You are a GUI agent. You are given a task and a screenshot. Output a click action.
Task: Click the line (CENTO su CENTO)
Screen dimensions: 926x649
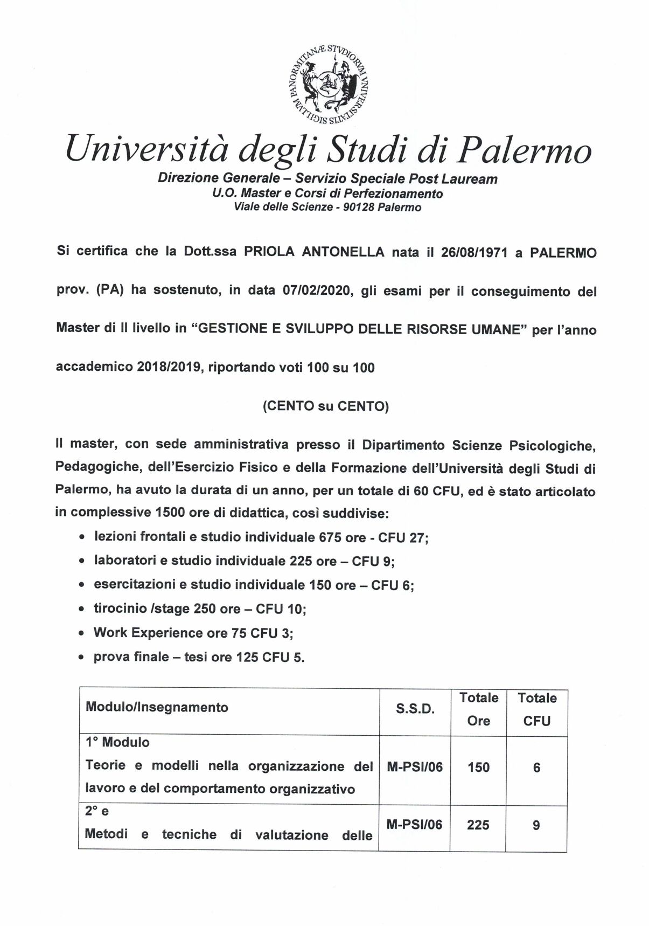point(325,406)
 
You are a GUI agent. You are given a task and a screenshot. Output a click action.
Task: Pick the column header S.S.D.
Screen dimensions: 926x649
point(415,709)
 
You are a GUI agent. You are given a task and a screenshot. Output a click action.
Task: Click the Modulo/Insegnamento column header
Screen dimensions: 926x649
point(157,707)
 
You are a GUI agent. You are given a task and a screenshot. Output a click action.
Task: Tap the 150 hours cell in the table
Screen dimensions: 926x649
point(478,767)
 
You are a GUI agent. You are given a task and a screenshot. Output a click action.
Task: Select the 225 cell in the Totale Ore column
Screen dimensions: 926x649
point(478,825)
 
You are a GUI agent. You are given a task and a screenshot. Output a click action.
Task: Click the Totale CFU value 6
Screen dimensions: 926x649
point(536,767)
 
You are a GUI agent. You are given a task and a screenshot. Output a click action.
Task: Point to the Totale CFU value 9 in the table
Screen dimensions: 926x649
point(536,825)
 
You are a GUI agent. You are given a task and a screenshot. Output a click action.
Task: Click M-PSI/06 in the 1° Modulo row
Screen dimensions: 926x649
point(415,767)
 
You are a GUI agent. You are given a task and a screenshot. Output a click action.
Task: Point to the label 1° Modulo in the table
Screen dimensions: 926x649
point(117,742)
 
